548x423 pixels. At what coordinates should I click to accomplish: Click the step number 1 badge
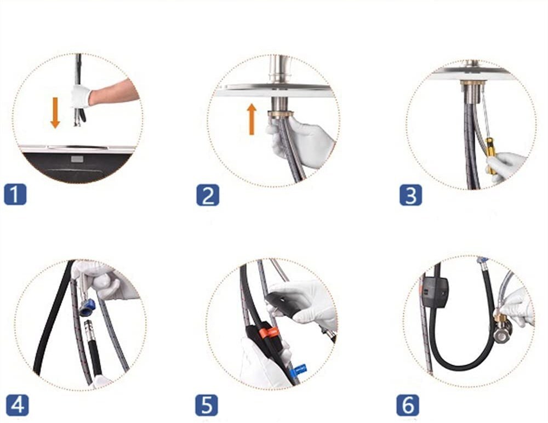coord(15,194)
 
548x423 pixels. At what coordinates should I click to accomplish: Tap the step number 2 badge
coord(208,195)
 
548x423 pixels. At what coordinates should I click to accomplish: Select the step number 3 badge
coord(410,195)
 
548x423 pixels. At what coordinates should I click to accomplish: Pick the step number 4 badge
coord(18,405)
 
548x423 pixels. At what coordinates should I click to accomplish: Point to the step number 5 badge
coord(207,405)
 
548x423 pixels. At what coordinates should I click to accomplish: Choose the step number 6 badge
coord(408,405)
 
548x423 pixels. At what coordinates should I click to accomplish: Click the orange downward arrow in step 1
coord(55,112)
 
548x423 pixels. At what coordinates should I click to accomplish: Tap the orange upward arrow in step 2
coord(252,119)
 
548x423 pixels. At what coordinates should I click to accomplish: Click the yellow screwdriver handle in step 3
coord(490,156)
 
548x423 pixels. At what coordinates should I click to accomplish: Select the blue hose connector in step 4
coord(87,307)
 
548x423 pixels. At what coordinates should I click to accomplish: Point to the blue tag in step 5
coord(300,369)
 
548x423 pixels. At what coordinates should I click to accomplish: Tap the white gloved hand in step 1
coord(81,95)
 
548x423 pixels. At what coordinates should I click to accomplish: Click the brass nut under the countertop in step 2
coord(280,115)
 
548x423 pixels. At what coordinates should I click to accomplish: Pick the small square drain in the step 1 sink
coord(77,159)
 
